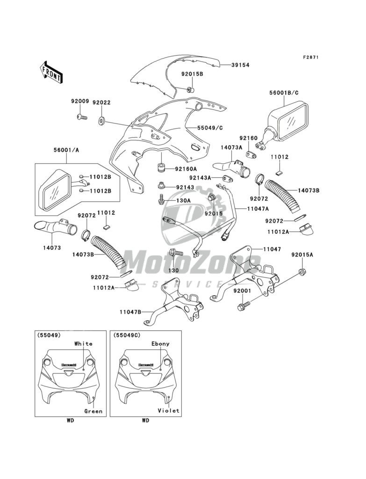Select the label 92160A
187,169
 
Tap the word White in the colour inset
84,343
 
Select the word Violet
168,411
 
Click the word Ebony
160,343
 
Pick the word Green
93,411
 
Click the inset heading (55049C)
123,335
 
